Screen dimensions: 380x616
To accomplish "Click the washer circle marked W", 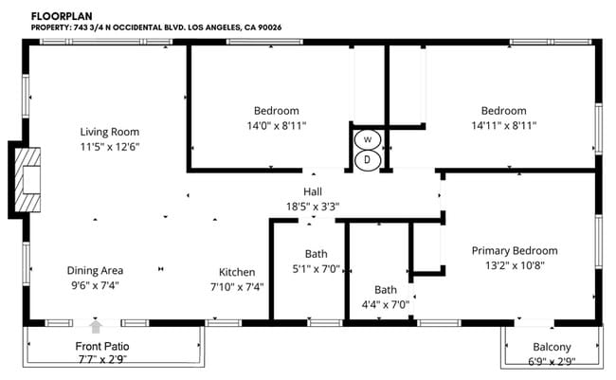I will pyautogui.click(x=366, y=139).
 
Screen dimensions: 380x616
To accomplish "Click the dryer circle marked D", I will pyautogui.click(x=366, y=159).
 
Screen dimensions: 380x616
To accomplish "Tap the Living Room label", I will pyautogui.click(x=110, y=132).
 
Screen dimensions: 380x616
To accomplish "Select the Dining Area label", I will pyautogui.click(x=95, y=270).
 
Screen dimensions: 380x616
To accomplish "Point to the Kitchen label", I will pyautogui.click(x=237, y=270).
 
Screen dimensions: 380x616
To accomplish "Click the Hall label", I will pyautogui.click(x=313, y=191).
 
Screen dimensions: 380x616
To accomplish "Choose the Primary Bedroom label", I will pyautogui.click(x=515, y=250).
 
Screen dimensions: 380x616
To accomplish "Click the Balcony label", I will pyautogui.click(x=553, y=348).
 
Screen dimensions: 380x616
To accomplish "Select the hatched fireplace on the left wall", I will pyautogui.click(x=30, y=179).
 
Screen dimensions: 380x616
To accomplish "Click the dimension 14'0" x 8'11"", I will pyautogui.click(x=277, y=125).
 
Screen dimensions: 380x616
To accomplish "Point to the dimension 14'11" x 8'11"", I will pyautogui.click(x=503, y=125).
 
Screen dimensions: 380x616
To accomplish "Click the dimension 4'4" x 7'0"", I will pyautogui.click(x=386, y=305).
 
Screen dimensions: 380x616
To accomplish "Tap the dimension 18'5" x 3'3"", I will pyautogui.click(x=313, y=206).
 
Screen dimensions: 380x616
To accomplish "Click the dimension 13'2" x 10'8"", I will pyautogui.click(x=515, y=265).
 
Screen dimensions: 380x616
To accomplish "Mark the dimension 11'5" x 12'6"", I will pyautogui.click(x=110, y=147).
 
